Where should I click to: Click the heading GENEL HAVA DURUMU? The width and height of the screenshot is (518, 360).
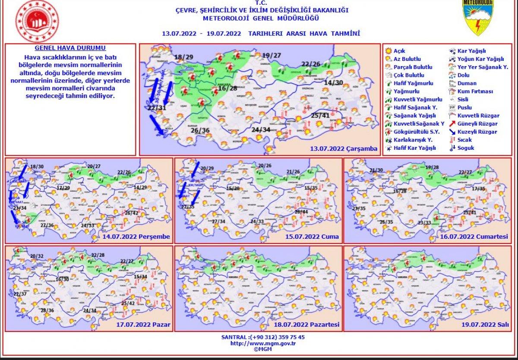tap(70, 48)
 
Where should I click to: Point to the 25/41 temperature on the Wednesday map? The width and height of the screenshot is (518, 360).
tap(320, 115)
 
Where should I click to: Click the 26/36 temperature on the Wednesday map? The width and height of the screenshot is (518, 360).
tap(200, 130)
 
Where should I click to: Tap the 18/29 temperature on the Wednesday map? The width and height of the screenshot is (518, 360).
tap(183, 57)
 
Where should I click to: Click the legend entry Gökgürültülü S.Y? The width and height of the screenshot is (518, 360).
tap(414, 132)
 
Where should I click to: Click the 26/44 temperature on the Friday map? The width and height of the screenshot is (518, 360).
tap(301, 212)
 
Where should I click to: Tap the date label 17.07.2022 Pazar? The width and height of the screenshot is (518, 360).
tap(143, 325)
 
